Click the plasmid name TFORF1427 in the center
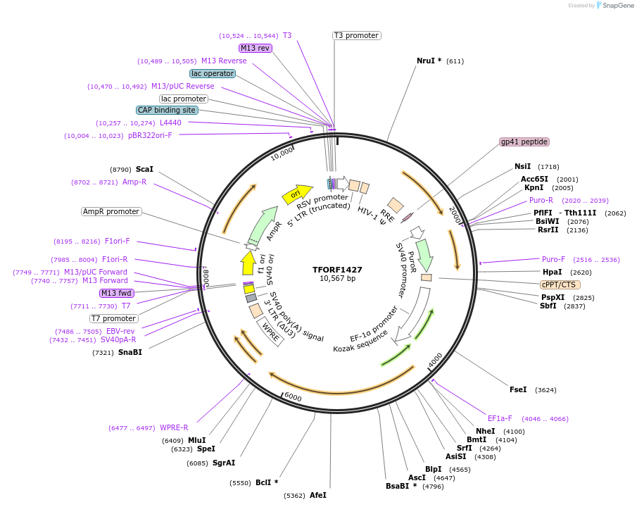[337, 269]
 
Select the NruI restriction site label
[429, 61]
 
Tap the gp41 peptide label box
[524, 142]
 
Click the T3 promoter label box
[356, 35]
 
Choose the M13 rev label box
[255, 48]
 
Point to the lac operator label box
[212, 73]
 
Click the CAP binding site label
[167, 110]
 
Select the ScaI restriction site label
[144, 170]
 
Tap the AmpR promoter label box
[111, 211]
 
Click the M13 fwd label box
[117, 293]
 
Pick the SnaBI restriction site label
[130, 352]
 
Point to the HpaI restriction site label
[552, 272]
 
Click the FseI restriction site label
[518, 389]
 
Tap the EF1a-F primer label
[500, 418]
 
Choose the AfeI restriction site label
[318, 495]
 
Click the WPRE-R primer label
[174, 427]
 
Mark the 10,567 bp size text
[337, 279]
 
